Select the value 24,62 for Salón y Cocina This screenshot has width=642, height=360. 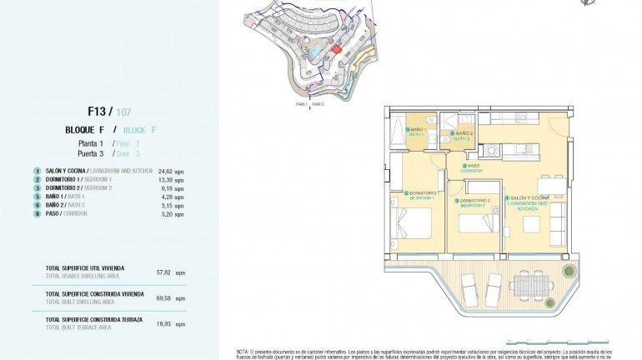point(164,171)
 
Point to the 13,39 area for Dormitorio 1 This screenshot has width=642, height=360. point(164,179)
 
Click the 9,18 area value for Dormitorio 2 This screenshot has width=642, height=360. point(164,187)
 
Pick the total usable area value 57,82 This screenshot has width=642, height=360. point(164,272)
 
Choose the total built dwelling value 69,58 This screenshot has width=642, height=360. point(164,297)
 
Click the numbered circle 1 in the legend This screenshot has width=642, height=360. point(38,171)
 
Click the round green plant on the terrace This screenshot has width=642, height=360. point(567,269)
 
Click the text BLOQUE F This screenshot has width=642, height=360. point(84,130)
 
